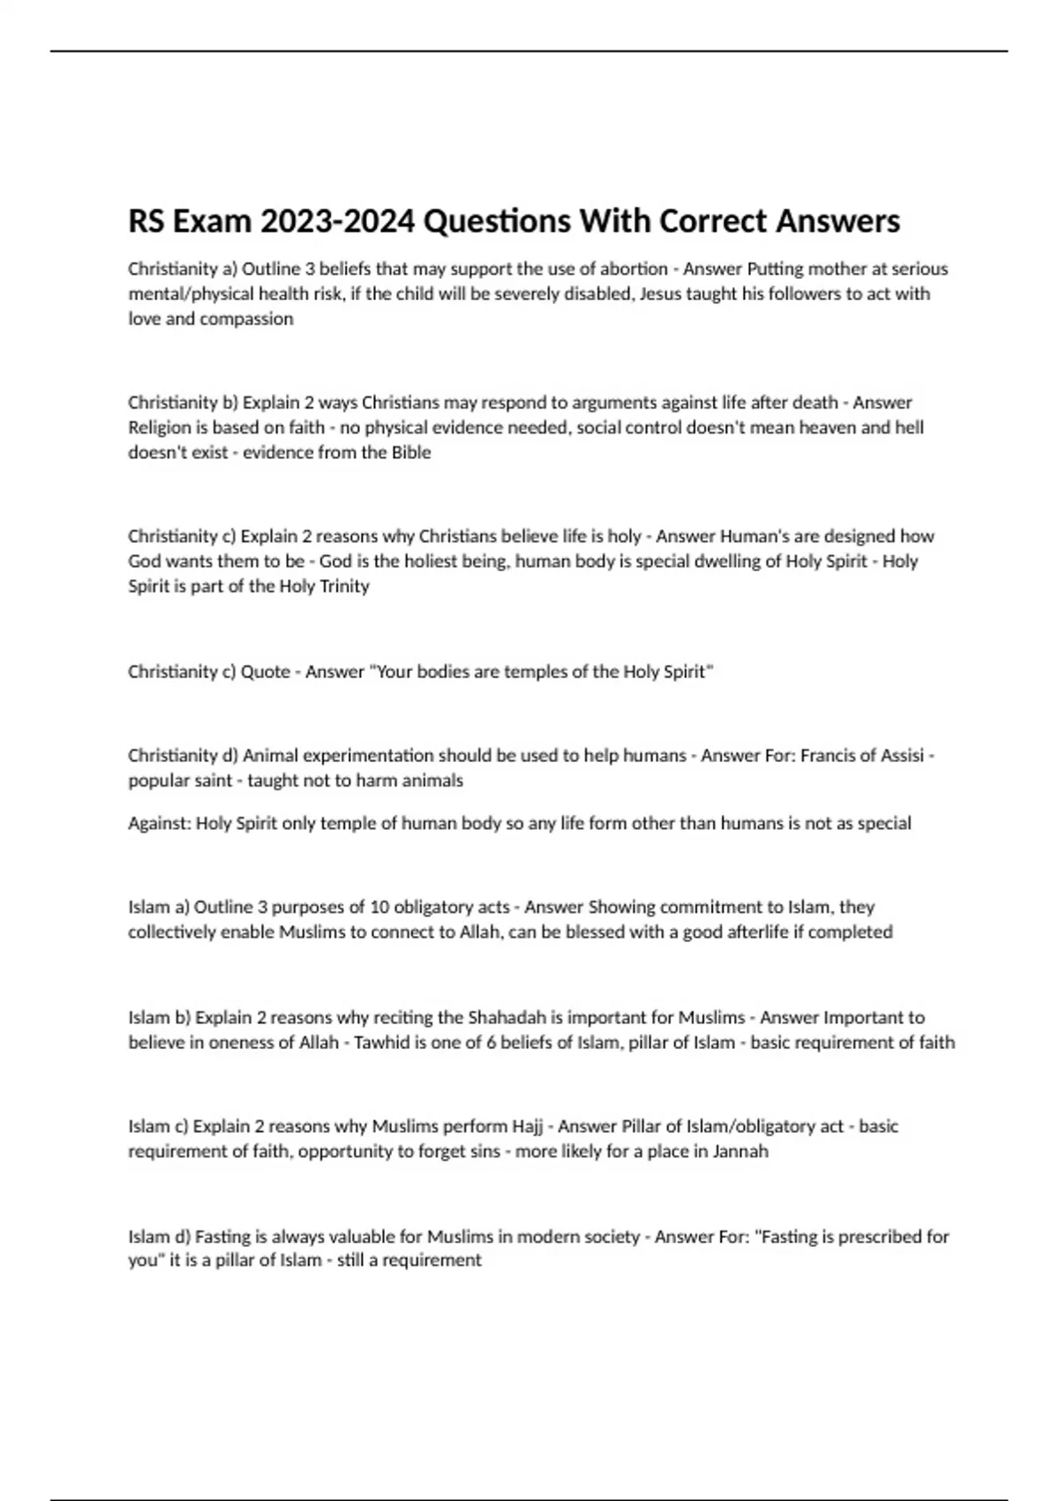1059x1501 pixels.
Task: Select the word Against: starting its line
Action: [x=159, y=823]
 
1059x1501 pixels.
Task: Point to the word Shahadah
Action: [x=507, y=1017]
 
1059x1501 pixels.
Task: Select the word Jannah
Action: [x=739, y=1151]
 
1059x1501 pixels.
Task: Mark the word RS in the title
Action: [x=146, y=222]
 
